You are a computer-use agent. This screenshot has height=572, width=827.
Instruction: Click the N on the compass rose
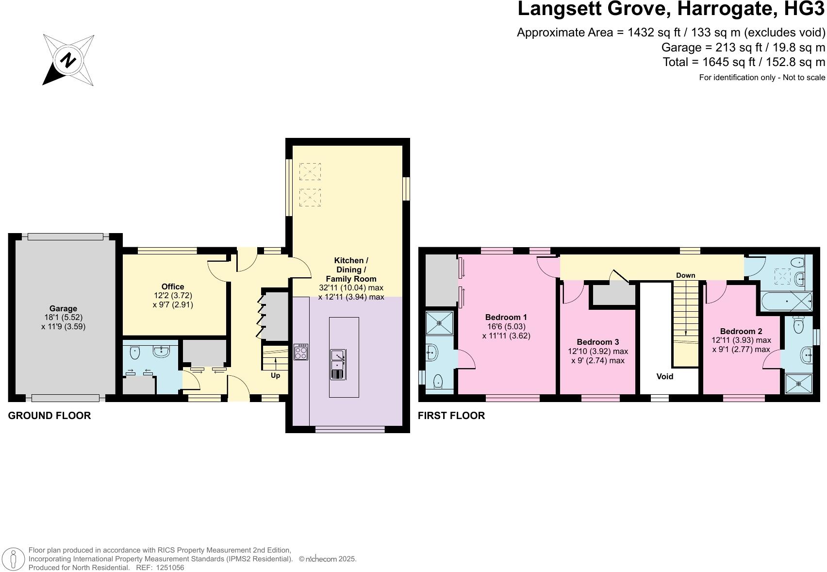68,60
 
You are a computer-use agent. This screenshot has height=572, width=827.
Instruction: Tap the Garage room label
63,308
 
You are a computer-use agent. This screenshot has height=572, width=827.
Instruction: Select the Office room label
173,286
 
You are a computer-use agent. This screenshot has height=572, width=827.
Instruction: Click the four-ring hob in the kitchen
301,352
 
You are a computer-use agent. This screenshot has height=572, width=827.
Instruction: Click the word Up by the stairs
275,375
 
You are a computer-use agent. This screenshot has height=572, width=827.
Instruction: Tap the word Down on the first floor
686,275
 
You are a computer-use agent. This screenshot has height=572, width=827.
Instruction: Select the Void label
664,376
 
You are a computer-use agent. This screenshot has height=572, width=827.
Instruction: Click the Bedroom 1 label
506,317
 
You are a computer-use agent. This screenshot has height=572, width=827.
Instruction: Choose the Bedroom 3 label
598,342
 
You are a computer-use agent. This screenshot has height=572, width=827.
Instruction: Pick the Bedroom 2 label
741,331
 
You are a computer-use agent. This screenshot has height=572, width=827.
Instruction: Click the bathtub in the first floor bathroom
787,302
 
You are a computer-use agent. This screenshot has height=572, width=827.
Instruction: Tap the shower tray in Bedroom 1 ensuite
439,323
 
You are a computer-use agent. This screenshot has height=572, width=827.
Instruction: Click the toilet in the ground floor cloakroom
135,353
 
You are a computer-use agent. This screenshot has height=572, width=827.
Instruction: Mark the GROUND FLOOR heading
50,416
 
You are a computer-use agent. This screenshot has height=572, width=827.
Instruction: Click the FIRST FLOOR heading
451,416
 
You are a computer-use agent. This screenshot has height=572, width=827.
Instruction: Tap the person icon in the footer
13,559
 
